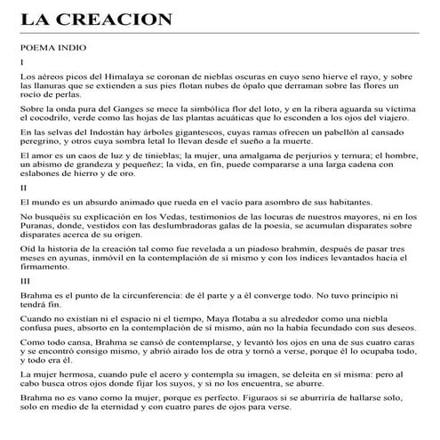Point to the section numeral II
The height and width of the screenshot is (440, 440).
tap(23, 188)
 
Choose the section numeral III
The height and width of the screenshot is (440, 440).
tap(25, 280)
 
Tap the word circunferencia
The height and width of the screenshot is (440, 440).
tap(160, 295)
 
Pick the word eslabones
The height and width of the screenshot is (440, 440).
tap(44, 173)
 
